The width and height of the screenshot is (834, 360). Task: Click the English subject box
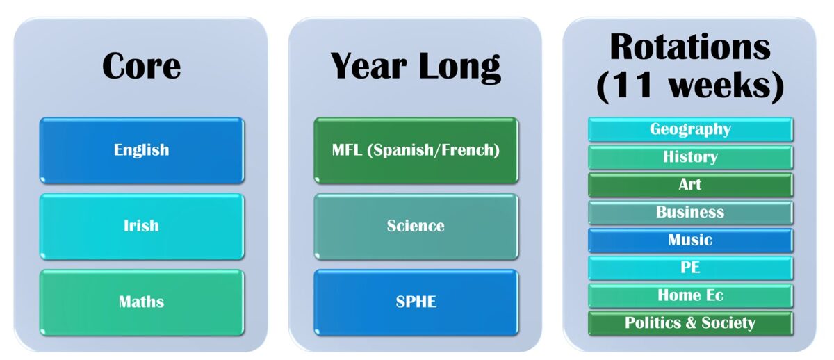[141, 150]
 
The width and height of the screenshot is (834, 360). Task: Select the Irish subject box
[141, 226]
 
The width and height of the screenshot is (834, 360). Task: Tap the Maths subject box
[141, 302]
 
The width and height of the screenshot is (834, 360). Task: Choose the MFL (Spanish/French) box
[416, 150]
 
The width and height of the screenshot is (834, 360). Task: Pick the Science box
[416, 226]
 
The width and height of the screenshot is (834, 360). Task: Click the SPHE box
[416, 302]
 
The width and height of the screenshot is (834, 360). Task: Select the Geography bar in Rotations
[690, 129]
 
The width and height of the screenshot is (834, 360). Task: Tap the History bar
[690, 157]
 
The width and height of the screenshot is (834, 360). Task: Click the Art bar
[690, 185]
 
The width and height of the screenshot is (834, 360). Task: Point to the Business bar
[690, 213]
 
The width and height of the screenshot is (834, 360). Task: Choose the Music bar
[690, 240]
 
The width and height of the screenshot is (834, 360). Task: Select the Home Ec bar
[690, 295]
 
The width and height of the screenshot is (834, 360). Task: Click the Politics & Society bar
[690, 323]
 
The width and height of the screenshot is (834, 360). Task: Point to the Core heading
[141, 66]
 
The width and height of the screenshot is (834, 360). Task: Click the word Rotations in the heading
[690, 47]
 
